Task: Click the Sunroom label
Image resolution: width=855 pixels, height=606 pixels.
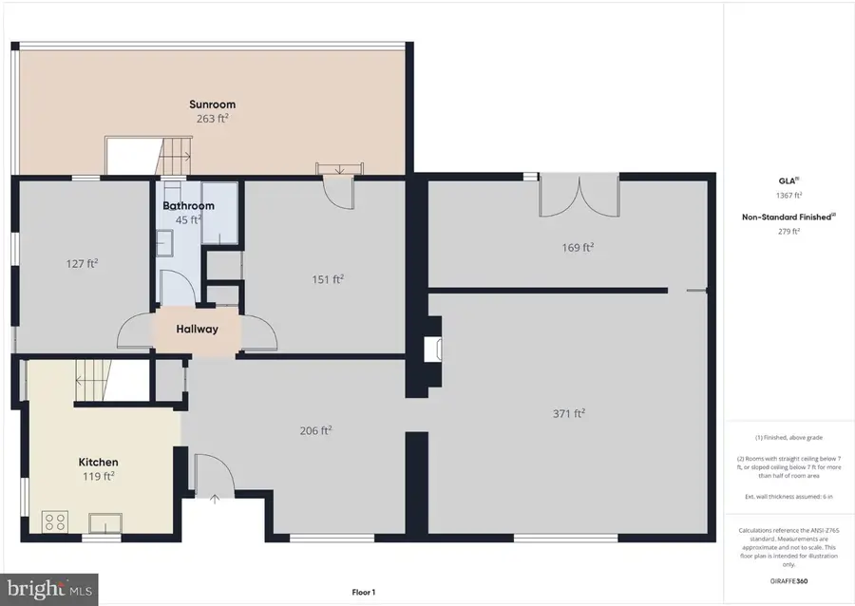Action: (x=212, y=104)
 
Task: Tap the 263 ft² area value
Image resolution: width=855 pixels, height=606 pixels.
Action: (x=212, y=120)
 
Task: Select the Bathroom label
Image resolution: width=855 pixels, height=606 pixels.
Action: (x=188, y=205)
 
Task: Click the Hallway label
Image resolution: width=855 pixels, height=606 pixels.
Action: (x=197, y=330)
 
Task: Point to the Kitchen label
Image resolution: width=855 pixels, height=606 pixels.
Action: (x=98, y=462)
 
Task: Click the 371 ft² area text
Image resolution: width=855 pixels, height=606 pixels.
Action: (x=568, y=413)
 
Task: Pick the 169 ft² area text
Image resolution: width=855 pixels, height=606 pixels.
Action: (x=578, y=247)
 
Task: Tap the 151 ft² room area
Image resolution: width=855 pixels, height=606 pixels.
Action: (x=327, y=278)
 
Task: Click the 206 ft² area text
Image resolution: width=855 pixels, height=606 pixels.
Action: (x=314, y=430)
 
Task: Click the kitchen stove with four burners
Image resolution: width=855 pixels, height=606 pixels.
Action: (x=55, y=521)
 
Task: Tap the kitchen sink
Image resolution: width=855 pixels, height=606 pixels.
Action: (x=104, y=521)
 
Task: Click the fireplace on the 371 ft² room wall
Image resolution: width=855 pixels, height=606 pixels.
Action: (x=432, y=349)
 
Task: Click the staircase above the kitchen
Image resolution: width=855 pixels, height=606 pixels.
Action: (x=90, y=381)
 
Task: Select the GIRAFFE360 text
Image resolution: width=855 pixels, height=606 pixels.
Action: (x=789, y=580)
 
